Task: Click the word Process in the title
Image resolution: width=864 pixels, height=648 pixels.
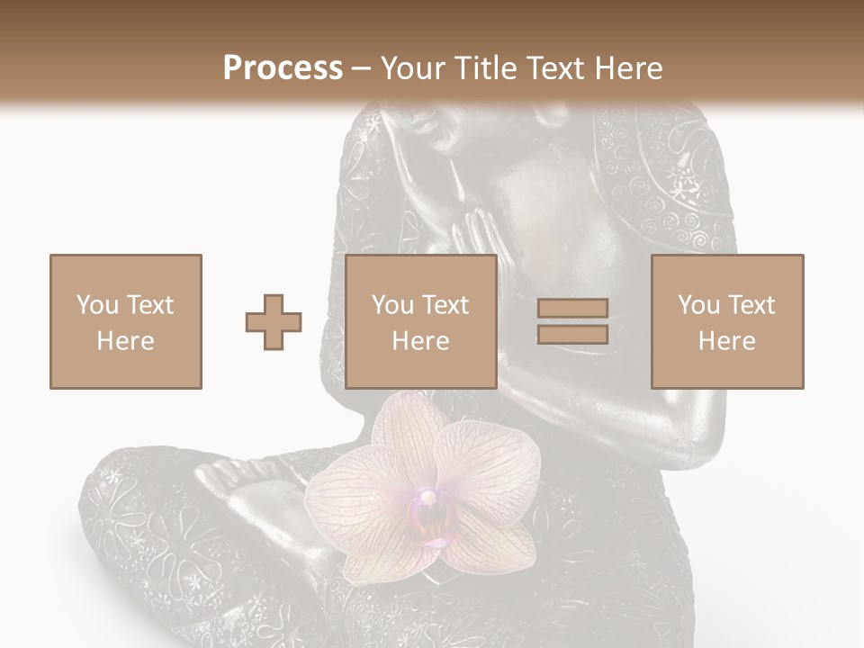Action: point(283,67)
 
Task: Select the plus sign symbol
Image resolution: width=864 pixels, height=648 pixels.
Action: point(274,321)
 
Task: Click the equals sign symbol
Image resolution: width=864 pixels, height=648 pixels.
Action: point(572,321)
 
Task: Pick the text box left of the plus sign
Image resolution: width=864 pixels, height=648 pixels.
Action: point(125,321)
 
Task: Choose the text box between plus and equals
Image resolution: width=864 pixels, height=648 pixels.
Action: point(421,321)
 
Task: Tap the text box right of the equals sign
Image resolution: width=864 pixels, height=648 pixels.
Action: point(726,321)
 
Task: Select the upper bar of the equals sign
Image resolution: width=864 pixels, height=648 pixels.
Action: point(572,308)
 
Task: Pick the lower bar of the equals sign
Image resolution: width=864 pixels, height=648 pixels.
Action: point(572,335)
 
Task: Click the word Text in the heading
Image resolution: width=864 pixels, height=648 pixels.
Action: point(553,67)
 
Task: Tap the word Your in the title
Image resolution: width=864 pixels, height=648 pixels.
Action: point(409,67)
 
